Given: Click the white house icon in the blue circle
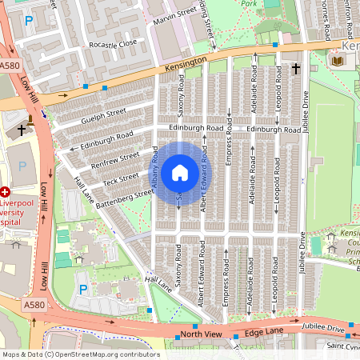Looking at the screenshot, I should coord(180,173).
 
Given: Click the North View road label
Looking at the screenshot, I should coord(199,334).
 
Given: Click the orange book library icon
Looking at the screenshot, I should coord(338,60).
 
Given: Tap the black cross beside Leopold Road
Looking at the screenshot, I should coord(295,70).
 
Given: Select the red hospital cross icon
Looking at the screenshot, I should coord(5,192).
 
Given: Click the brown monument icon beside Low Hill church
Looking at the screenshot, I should coord(31,120).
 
